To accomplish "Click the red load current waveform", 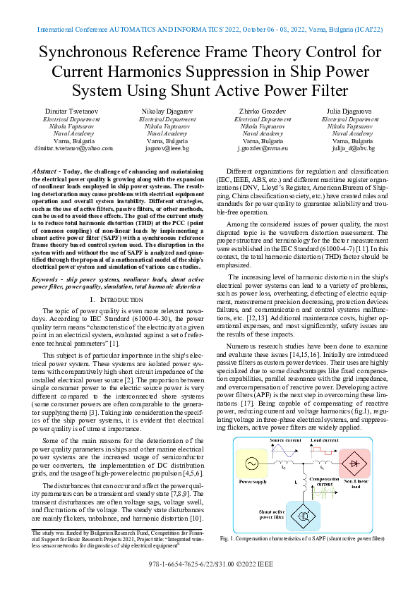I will [x=325, y=449].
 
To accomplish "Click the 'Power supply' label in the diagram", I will [x=253, y=482].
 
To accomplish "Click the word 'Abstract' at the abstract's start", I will [x=47, y=171].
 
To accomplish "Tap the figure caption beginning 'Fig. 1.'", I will [x=311, y=538].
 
